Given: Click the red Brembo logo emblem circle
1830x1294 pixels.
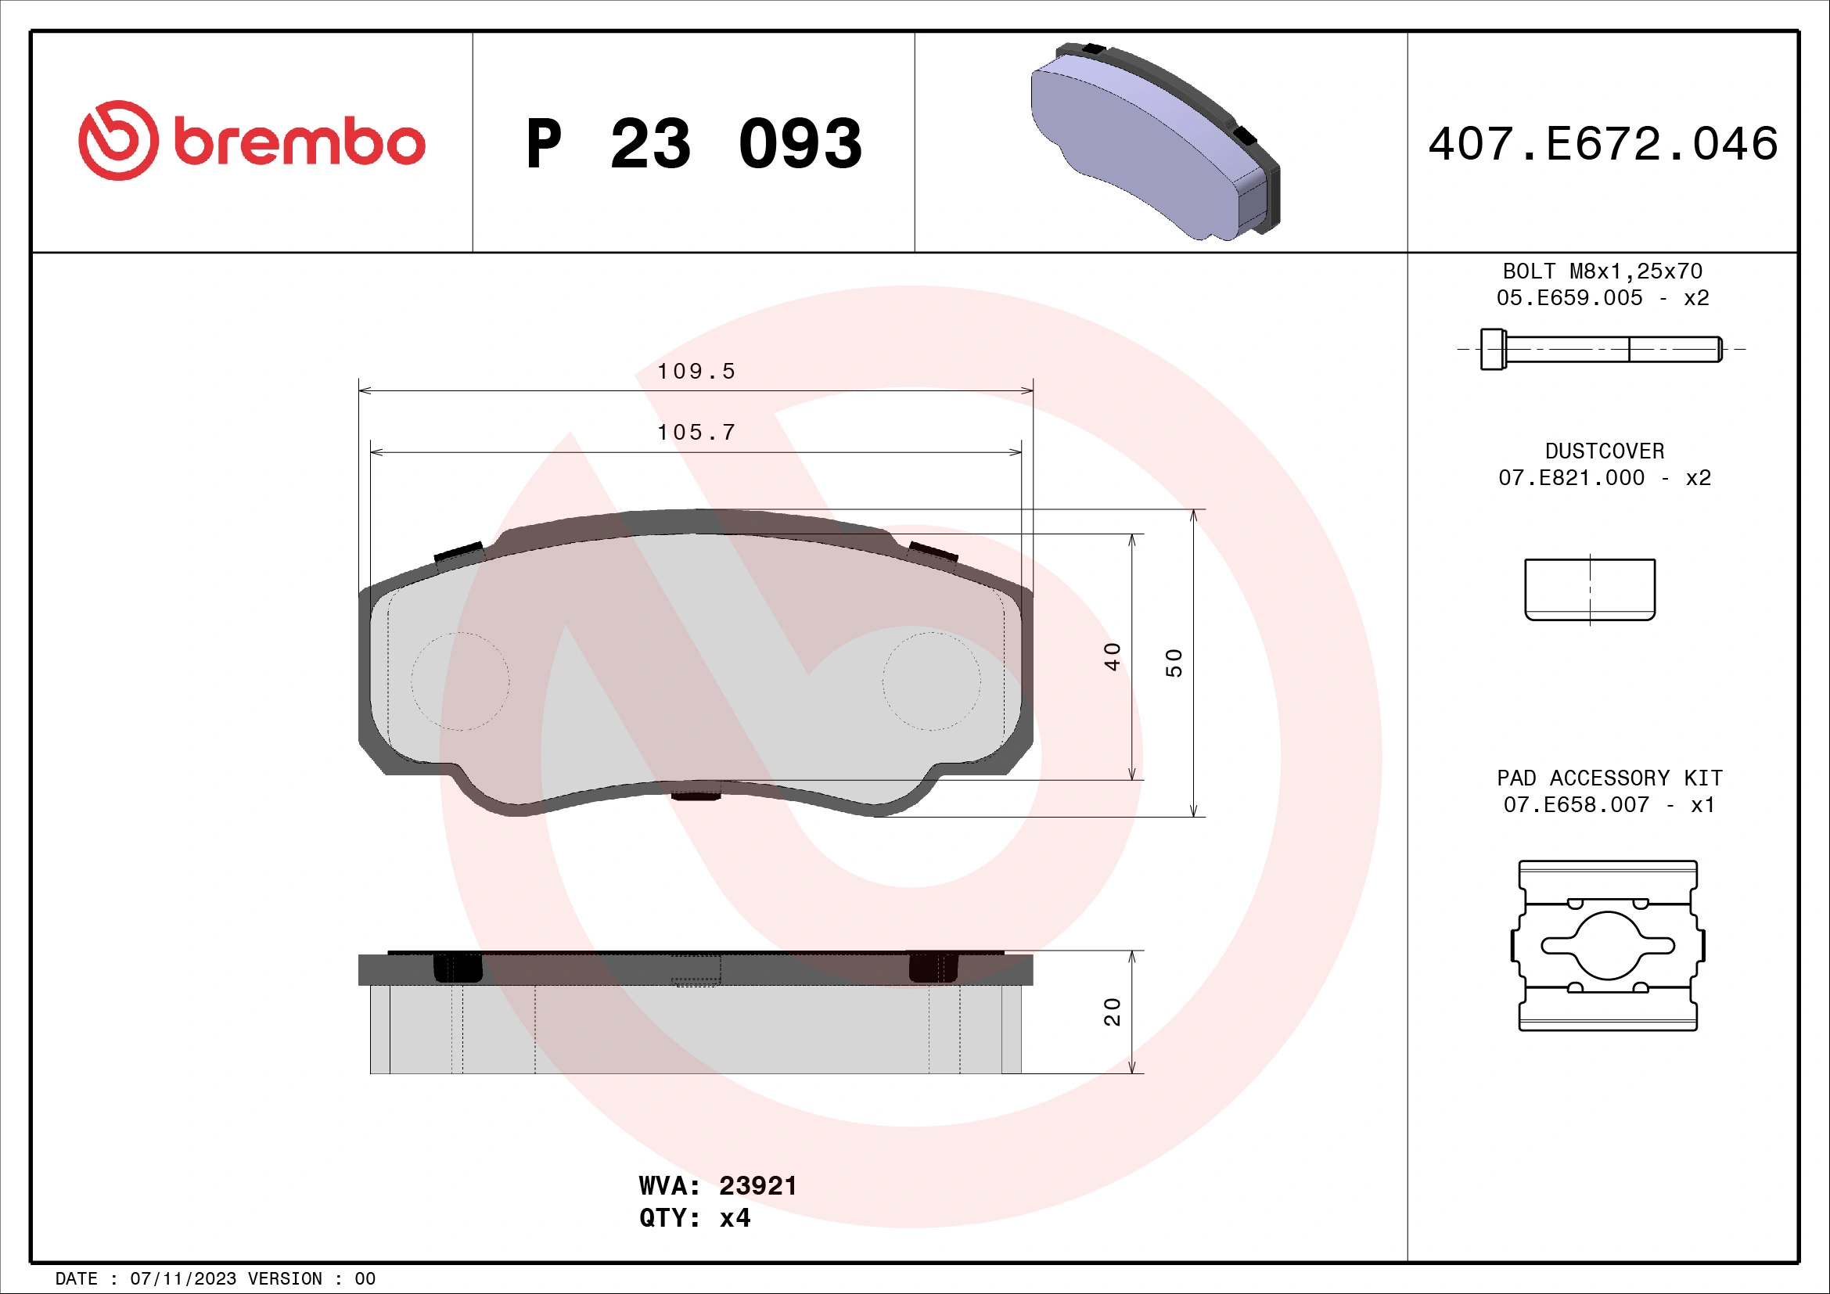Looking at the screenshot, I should (118, 140).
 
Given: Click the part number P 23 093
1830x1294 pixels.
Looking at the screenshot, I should (693, 144).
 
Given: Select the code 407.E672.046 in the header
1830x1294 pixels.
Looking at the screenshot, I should (1603, 144).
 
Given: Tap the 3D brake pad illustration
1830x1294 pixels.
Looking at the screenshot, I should (1156, 143).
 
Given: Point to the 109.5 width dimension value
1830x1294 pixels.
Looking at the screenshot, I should (696, 372).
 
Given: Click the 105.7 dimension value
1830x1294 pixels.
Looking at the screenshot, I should (696, 433).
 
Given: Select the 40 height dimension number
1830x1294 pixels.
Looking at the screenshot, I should (1113, 656).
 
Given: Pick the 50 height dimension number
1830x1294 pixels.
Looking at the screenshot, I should (1174, 663).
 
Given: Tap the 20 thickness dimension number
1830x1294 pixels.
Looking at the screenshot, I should (1113, 1012).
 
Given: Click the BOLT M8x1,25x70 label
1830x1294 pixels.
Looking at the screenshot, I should (1603, 271).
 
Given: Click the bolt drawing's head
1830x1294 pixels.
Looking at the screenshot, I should (1493, 349).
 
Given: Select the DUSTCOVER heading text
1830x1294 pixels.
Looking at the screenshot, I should (1605, 451).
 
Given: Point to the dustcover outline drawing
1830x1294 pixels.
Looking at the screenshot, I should (1590, 590).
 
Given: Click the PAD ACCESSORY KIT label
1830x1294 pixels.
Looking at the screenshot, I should (1609, 778).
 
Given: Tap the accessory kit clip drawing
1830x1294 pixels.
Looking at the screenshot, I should (1608, 945).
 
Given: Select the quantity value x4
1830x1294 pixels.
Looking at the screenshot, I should (734, 1218).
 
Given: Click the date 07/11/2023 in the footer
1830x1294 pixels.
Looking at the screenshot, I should (182, 1279).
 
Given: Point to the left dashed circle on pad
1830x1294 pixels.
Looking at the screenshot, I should (460, 681).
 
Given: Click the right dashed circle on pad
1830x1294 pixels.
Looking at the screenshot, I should (931, 681).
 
